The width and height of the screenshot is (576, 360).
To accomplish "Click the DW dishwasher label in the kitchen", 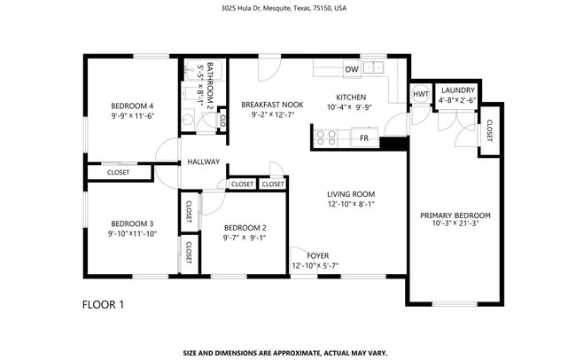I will click(x=352, y=69).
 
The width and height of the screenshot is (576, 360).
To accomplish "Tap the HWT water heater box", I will click(x=420, y=94).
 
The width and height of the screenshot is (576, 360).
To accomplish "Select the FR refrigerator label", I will click(x=364, y=138).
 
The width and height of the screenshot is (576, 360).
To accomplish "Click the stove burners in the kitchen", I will click(x=326, y=137).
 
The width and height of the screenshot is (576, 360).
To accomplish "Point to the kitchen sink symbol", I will click(x=376, y=67).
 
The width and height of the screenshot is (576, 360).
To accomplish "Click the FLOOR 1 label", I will click(x=103, y=304).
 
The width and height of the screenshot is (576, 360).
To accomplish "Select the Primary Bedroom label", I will click(x=455, y=215).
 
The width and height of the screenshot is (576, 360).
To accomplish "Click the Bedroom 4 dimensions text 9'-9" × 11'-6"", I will click(x=133, y=115).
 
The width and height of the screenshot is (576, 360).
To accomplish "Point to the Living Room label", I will click(x=352, y=194).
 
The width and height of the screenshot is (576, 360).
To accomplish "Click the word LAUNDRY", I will click(x=457, y=90).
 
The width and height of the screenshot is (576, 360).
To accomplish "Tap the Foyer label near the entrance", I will click(x=317, y=255).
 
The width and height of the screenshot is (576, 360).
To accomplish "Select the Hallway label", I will click(x=203, y=162).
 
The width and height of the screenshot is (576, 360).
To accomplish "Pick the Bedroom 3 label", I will click(x=132, y=223).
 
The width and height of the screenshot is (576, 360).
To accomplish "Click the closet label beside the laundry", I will click(x=489, y=131).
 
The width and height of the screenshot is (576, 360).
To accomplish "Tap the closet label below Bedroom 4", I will click(x=118, y=172).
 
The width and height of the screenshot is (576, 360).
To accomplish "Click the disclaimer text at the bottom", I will click(x=284, y=351).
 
